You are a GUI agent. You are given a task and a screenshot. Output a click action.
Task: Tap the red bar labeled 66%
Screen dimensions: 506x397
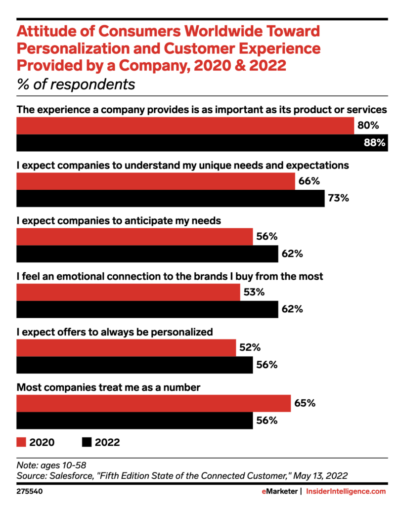point(155,181)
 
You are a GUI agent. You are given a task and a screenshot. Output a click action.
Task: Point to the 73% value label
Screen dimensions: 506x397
point(339,199)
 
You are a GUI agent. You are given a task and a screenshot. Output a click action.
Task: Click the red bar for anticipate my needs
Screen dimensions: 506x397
point(134,237)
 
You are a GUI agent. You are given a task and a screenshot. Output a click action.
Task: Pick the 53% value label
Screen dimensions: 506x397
point(254,292)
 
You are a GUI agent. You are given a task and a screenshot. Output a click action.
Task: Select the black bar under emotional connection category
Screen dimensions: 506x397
point(147,309)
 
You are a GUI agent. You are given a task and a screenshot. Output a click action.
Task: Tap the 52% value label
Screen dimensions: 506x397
point(250,347)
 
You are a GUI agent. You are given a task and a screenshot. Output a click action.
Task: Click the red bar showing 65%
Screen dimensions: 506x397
point(153,403)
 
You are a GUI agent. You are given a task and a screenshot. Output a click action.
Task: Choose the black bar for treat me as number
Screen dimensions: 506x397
point(134,421)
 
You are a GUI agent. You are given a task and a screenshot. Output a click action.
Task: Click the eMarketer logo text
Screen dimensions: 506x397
point(279,491)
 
